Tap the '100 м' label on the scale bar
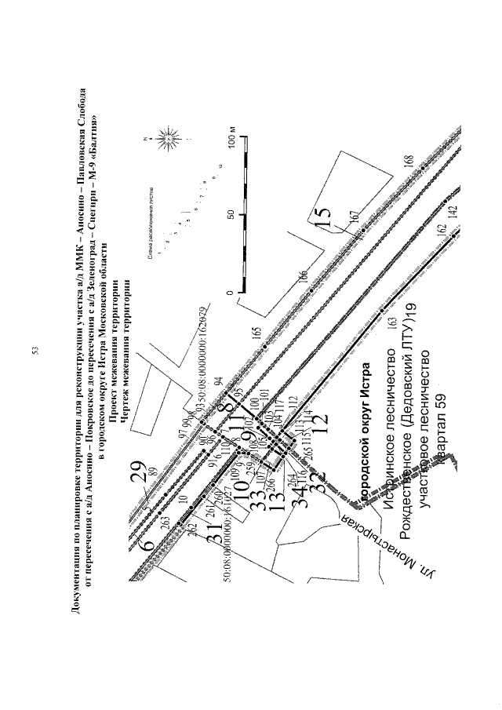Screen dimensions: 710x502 click(x=232, y=146)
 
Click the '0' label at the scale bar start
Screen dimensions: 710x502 click(x=231, y=293)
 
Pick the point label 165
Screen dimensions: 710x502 click(x=256, y=333)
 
